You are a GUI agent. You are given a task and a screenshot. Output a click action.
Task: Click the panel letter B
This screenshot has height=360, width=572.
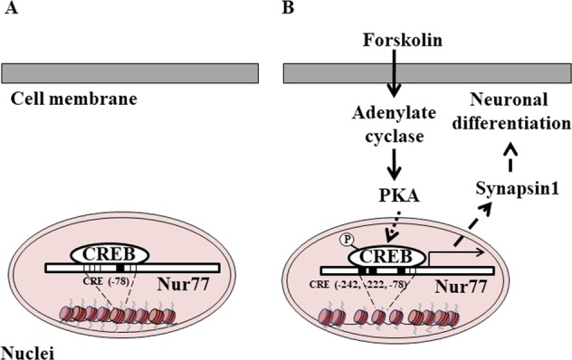pyautogui.click(x=289, y=8)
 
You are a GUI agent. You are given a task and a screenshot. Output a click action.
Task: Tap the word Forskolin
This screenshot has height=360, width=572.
pyautogui.click(x=394, y=42)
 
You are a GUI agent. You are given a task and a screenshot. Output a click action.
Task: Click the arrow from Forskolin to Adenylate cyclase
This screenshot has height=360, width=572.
pyautogui.click(x=394, y=75)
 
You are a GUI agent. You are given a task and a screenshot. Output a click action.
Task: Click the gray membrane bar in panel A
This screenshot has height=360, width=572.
pyautogui.click(x=131, y=72)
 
